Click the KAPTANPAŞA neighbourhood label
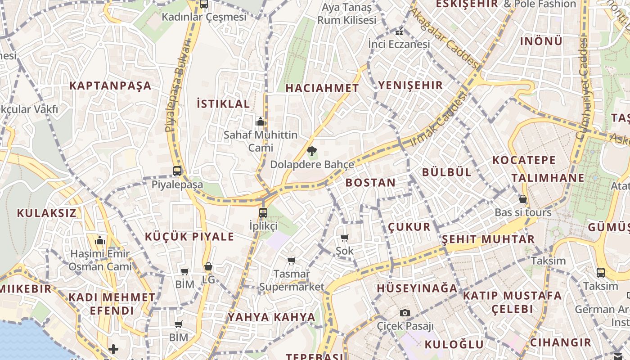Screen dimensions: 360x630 [110, 85]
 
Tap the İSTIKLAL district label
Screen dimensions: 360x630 [223, 103]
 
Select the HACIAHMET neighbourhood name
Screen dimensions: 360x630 [322, 88]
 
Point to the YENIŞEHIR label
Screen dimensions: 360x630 [410, 85]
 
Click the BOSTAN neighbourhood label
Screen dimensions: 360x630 [370, 182]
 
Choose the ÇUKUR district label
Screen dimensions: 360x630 [409, 226]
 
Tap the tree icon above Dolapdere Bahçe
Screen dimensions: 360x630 [311, 151]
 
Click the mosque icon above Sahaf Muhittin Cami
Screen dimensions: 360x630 [260, 121]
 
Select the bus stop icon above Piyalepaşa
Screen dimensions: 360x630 [177, 171]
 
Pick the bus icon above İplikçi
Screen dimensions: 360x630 [263, 212]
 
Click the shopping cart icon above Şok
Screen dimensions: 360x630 [345, 238]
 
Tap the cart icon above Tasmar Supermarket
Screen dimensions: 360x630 [292, 261]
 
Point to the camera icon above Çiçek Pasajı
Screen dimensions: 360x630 [405, 313]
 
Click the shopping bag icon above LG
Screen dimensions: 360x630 [208, 266]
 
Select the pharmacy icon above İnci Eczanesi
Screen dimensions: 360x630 [399, 31]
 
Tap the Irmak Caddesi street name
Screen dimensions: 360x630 [439, 120]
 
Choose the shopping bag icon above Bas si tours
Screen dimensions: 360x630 [523, 198]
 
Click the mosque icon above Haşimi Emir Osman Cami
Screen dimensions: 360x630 [100, 241]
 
